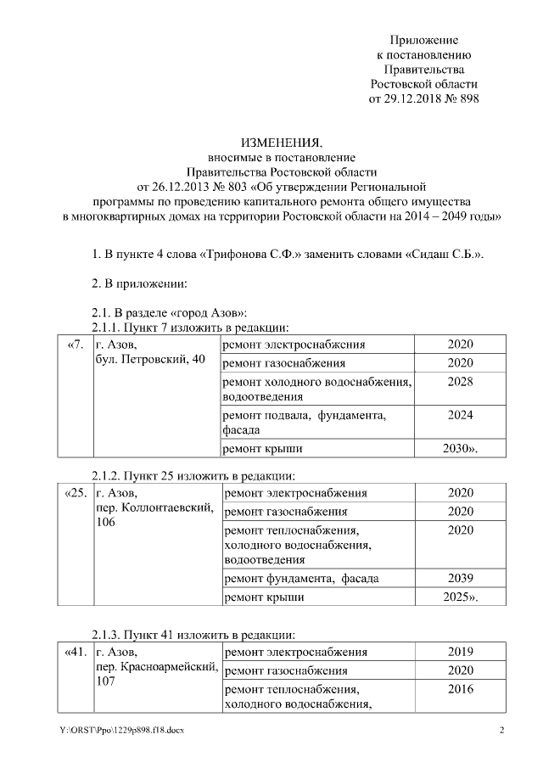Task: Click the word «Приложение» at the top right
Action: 424,40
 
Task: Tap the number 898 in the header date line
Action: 467,99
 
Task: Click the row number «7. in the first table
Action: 75,345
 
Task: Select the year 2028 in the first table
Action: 459,383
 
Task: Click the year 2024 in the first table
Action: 459,415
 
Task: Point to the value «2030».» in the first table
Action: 461,447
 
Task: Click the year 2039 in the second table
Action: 460,579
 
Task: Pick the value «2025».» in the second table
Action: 461,597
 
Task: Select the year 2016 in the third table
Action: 460,689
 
